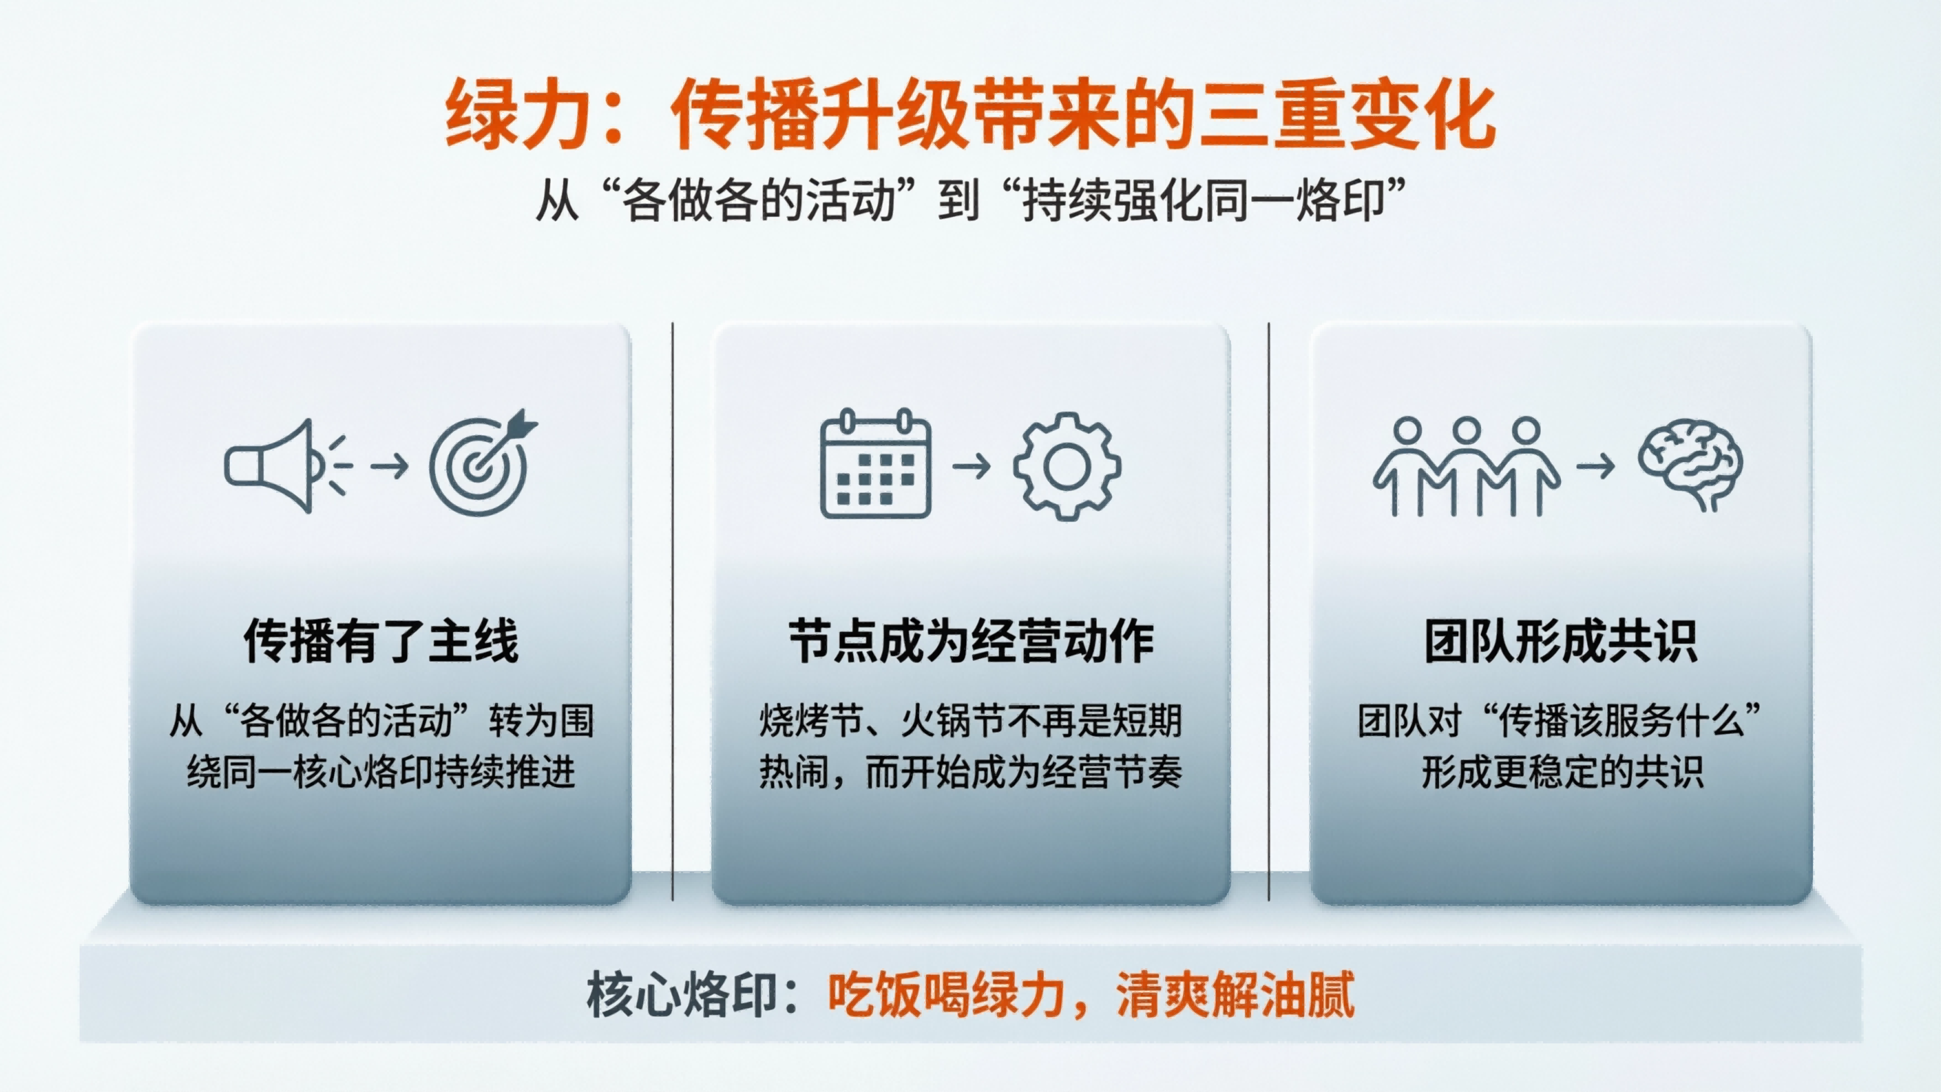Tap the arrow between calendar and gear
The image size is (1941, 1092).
972,466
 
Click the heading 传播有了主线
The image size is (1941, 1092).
381,641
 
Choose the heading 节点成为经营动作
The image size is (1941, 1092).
971,641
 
